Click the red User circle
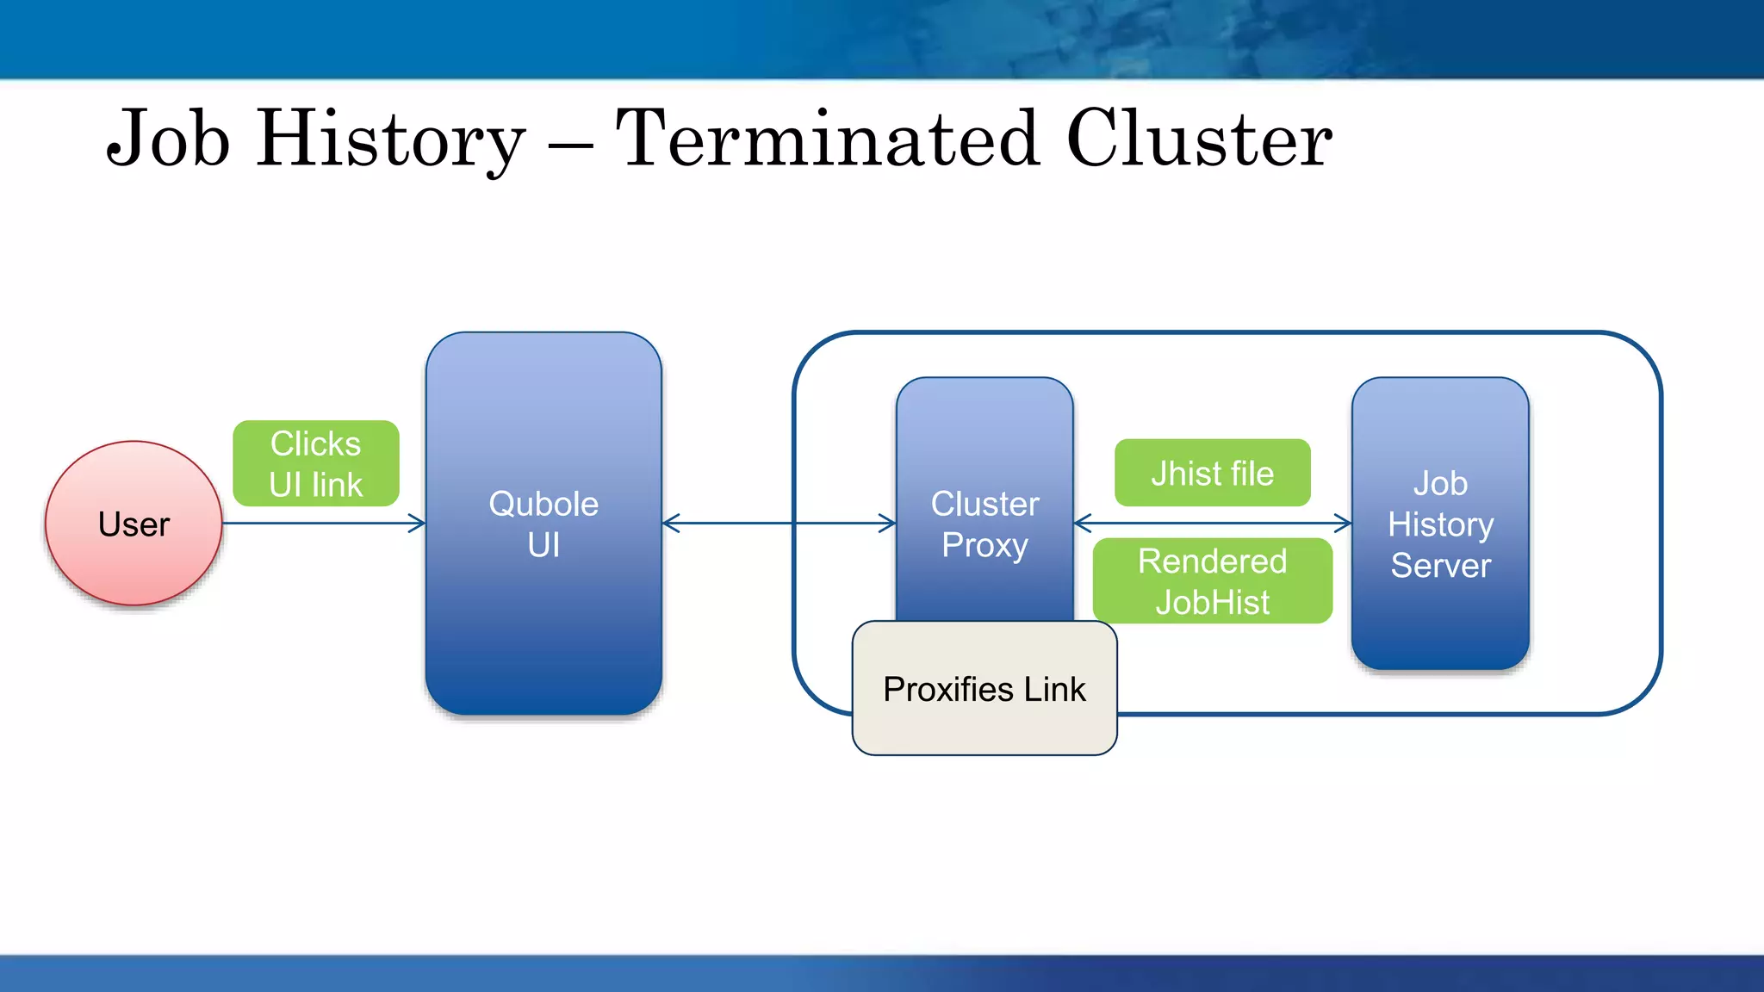pyautogui.click(x=134, y=524)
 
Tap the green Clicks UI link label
pyautogui.click(x=315, y=463)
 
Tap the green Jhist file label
pyautogui.click(x=1212, y=473)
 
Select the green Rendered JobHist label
pyautogui.click(x=1212, y=581)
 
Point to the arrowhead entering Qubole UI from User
pyautogui.click(x=418, y=523)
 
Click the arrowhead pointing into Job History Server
pyautogui.click(x=1344, y=523)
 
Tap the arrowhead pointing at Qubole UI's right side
pyautogui.click(x=671, y=523)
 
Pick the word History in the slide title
pyautogui.click(x=390, y=139)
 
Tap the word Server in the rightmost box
pyautogui.click(x=1440, y=566)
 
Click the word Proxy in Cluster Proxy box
pyautogui.click(x=984, y=545)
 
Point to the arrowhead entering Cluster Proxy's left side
pyautogui.click(x=888, y=523)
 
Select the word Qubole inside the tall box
pyautogui.click(x=543, y=504)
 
